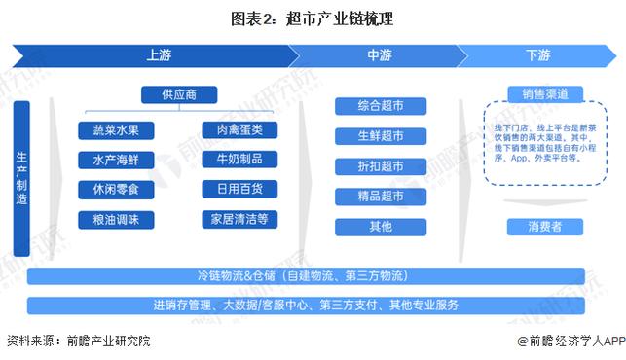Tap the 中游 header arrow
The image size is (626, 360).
pos(380,55)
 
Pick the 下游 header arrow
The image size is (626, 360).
pos(538,55)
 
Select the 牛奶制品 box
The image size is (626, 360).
pos(233,160)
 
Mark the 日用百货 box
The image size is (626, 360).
pos(233,189)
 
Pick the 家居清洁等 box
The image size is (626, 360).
pos(233,219)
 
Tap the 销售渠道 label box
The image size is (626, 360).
pos(545,94)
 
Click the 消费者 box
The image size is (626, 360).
pos(545,227)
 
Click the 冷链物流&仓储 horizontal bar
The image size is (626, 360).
pos(312,277)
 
